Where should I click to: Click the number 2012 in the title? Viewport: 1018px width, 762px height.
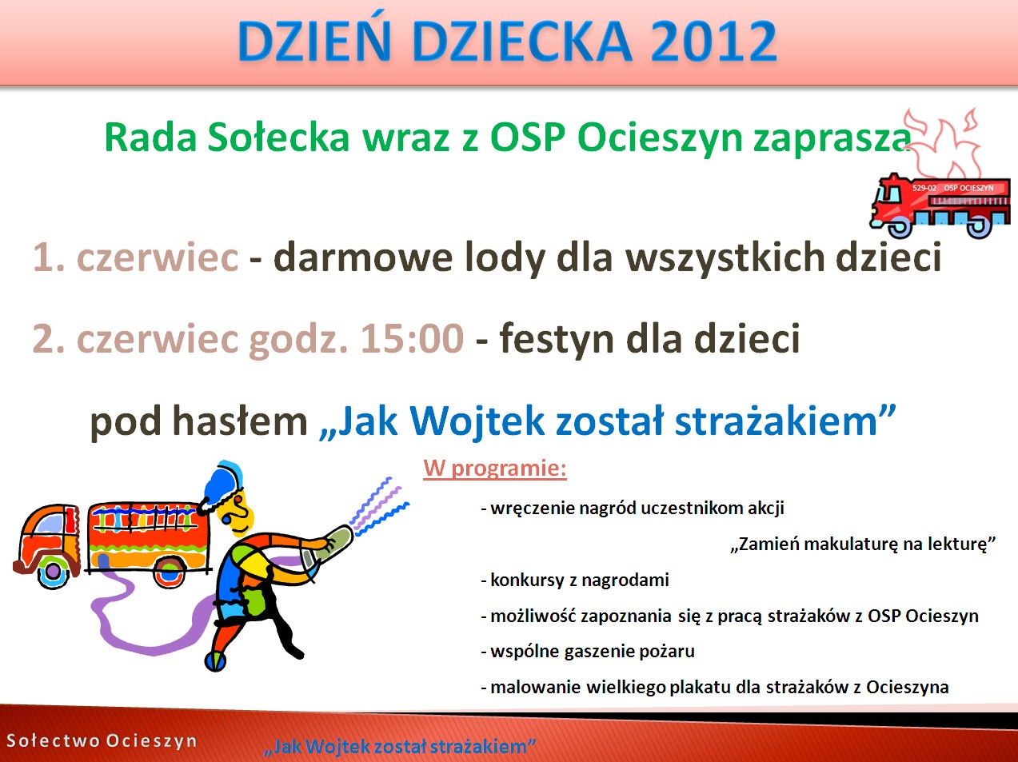click(x=714, y=40)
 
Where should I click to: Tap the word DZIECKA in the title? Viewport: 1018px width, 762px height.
click(x=521, y=40)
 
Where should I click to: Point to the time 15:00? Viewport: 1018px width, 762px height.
click(x=412, y=338)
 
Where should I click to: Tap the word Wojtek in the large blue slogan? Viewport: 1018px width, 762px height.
click(x=477, y=422)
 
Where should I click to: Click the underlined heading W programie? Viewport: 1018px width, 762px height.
click(x=495, y=469)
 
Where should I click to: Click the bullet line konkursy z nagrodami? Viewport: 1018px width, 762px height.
click(x=575, y=580)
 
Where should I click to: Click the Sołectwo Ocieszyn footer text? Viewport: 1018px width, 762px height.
click(x=102, y=740)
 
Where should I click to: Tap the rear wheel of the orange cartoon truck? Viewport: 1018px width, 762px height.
click(x=170, y=572)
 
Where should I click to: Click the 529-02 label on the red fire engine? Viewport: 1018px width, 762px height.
click(x=924, y=188)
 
